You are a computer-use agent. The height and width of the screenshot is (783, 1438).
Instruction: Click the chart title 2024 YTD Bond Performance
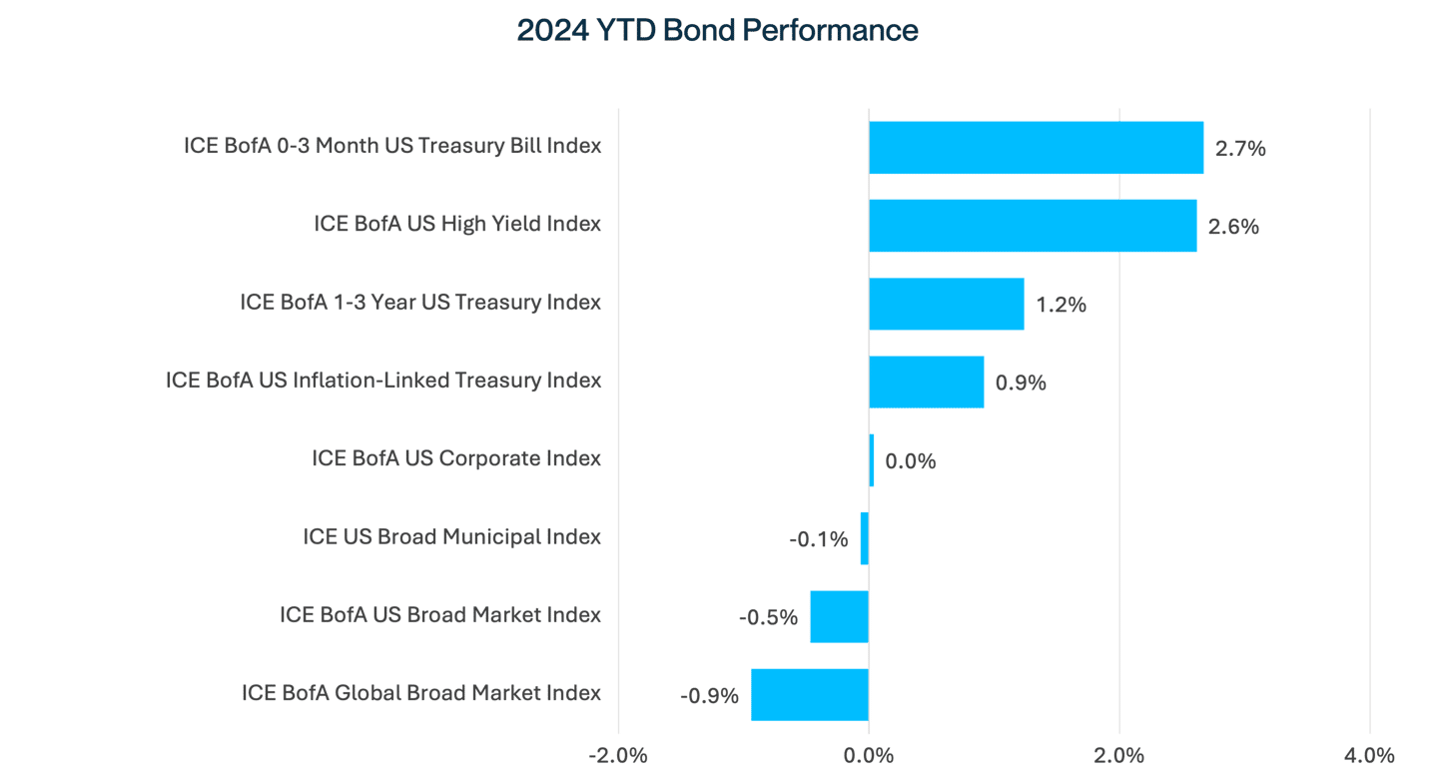click(x=717, y=31)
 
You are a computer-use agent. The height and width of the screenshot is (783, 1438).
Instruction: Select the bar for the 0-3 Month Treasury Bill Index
click(x=1036, y=148)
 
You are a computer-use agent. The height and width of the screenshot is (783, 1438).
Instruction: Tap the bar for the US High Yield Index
click(x=1033, y=226)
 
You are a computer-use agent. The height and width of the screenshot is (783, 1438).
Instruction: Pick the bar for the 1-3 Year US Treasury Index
click(x=946, y=304)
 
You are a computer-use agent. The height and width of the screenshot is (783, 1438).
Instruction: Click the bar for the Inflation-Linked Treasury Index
click(x=926, y=382)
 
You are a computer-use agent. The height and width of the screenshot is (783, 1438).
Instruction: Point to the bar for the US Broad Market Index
click(x=839, y=616)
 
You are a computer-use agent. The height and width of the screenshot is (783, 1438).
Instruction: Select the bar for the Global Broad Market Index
click(x=809, y=694)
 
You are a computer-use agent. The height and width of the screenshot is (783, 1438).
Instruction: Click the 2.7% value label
click(x=1240, y=149)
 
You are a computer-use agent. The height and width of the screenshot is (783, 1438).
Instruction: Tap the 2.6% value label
click(x=1233, y=227)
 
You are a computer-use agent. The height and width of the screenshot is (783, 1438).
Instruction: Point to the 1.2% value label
click(x=1061, y=305)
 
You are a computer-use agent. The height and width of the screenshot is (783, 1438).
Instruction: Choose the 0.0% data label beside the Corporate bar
click(x=911, y=461)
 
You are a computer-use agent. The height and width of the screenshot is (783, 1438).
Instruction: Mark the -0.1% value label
click(x=819, y=539)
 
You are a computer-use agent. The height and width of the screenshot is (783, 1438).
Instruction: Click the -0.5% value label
click(x=768, y=617)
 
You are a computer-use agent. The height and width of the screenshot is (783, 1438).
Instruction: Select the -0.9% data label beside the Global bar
click(x=709, y=695)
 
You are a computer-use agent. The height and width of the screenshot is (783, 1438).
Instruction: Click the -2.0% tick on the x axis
click(x=618, y=755)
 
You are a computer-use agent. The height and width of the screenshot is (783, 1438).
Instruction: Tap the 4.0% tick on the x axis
click(x=1369, y=755)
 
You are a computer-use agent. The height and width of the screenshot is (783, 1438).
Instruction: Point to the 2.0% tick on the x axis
click(x=1118, y=755)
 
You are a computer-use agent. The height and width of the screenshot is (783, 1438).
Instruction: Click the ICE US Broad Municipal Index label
click(x=451, y=537)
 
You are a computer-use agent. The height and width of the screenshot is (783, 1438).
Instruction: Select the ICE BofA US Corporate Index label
click(x=456, y=459)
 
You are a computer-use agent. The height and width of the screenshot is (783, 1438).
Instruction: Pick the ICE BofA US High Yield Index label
click(x=457, y=224)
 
